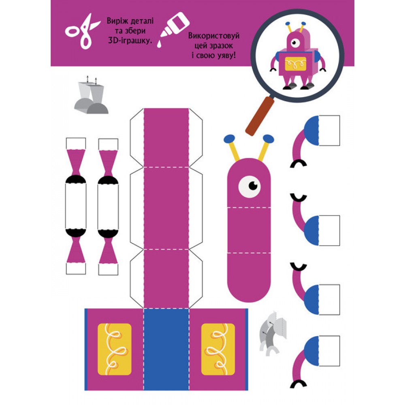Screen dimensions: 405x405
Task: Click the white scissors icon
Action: (x=82, y=31)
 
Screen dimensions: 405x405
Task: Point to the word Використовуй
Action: (x=213, y=36)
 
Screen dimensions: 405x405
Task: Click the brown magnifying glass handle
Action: (x=259, y=116)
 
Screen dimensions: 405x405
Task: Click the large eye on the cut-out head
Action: (x=249, y=186)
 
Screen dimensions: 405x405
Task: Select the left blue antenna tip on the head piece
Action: (x=229, y=139)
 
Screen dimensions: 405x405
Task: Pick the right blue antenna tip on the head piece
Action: (x=269, y=139)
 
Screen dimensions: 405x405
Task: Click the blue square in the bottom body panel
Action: (x=166, y=349)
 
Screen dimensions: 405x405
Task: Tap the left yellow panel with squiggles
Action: (x=115, y=349)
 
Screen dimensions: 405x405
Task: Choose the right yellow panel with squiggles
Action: (x=218, y=349)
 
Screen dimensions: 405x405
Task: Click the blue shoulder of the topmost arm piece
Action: (x=311, y=130)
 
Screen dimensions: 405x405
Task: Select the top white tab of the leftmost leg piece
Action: (x=76, y=144)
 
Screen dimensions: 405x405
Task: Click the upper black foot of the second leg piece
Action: (x=108, y=180)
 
